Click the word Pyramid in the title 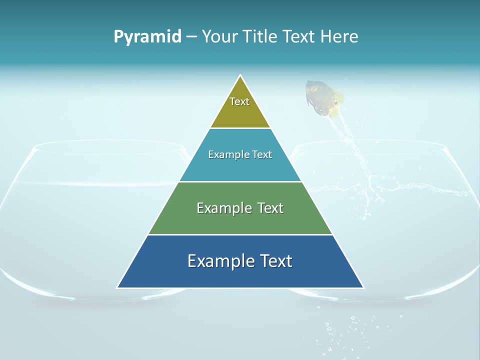coord(147,37)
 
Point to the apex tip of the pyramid coord(240,76)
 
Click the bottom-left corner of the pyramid coord(118,287)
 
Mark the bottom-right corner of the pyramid coord(362,287)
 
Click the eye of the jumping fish coord(335,103)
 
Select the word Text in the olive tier coord(239,101)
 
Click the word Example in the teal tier coord(226,154)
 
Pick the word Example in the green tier coord(219,208)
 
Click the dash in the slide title coord(191,36)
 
